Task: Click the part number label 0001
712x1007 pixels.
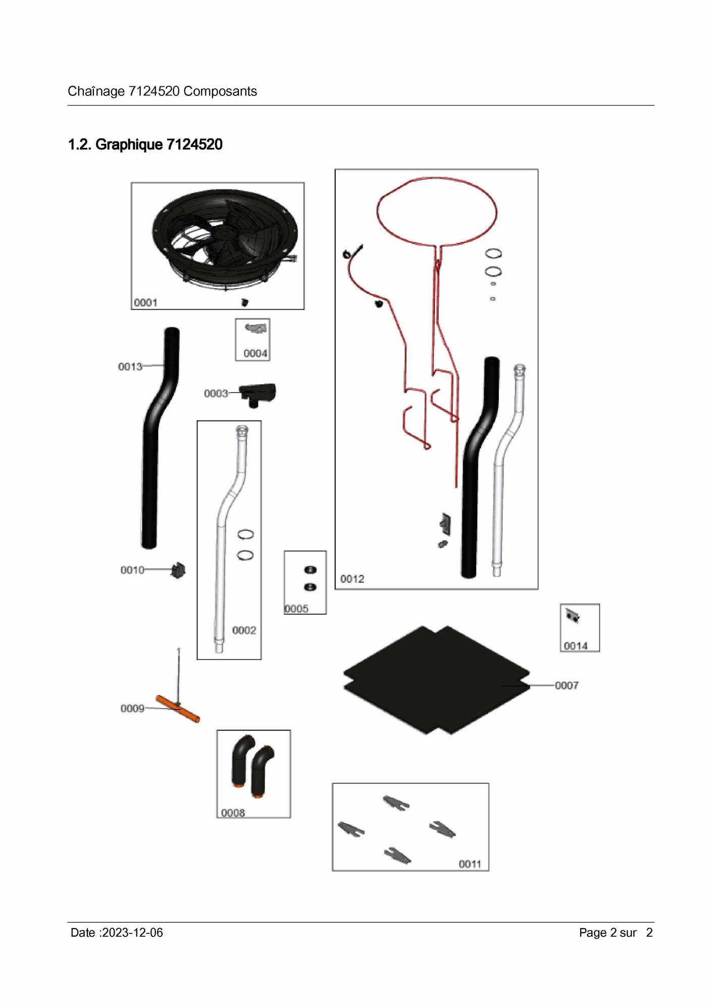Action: pos(145,303)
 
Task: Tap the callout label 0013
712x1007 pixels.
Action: pos(130,366)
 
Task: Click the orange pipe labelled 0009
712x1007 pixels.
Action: pos(178,709)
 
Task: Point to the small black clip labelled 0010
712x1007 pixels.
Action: pos(178,570)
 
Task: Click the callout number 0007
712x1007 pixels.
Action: pos(567,685)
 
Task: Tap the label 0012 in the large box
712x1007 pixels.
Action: pos(352,579)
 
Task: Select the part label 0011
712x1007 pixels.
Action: pos(470,864)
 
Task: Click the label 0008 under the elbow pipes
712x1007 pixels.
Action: pos(233,813)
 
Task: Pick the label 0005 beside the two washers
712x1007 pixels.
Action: pos(296,609)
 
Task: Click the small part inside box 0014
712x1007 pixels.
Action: pos(573,616)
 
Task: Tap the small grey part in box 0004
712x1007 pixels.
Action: pos(257,329)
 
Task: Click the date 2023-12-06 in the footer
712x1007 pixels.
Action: pos(132,933)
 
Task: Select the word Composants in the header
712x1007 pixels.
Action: pos(220,91)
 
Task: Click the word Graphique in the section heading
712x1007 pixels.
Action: pos(129,145)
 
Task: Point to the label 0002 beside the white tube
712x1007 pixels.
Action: pos(244,630)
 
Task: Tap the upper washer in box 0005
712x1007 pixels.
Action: pos(310,570)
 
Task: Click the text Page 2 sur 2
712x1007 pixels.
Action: pos(616,933)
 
